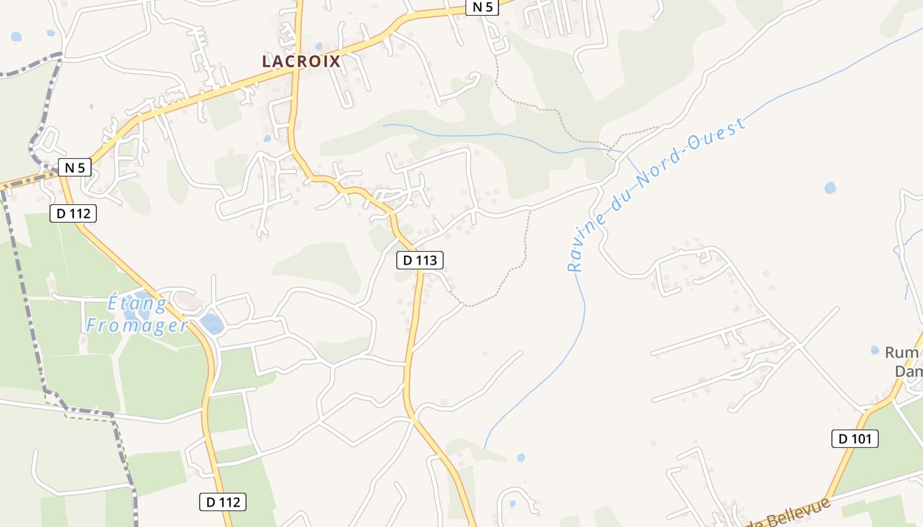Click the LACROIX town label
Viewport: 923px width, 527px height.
click(301, 61)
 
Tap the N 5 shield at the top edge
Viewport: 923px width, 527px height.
click(481, 7)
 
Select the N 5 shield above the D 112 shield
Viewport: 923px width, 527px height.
click(74, 168)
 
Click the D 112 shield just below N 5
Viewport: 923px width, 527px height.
click(73, 213)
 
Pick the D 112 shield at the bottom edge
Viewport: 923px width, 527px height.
click(223, 502)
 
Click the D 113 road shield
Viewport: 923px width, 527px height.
click(420, 260)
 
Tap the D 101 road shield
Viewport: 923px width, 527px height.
click(854, 439)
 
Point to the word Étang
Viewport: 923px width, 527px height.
click(137, 304)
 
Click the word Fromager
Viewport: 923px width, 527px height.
click(136, 325)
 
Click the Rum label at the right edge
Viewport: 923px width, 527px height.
click(901, 353)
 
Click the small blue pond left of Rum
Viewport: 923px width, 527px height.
click(875, 350)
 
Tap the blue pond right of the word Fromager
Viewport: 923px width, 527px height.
click(212, 323)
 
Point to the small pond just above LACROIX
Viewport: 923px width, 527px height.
click(319, 47)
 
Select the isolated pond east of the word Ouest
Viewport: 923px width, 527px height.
click(830, 188)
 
